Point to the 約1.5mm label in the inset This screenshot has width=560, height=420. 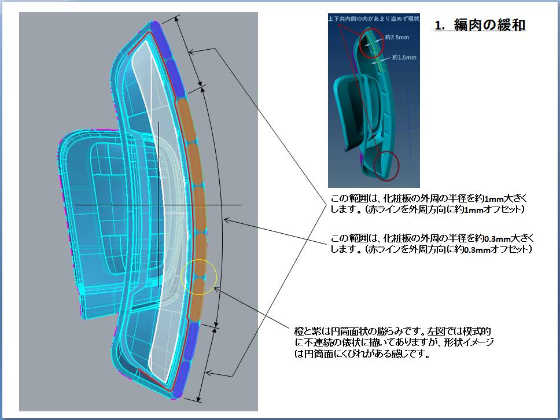(404, 57)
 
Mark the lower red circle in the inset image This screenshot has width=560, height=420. (386, 165)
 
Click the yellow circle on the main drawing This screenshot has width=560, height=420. (198, 277)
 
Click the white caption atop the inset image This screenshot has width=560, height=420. (365, 19)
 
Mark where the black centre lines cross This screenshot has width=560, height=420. (158, 205)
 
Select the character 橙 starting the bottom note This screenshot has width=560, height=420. (299, 331)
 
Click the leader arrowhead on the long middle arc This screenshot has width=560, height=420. (226, 219)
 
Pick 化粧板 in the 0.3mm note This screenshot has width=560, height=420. (391, 238)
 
